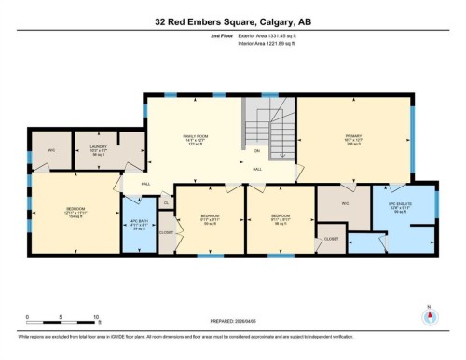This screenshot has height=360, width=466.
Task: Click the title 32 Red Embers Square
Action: (x=232, y=21)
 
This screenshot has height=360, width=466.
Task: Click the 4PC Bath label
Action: (x=137, y=224)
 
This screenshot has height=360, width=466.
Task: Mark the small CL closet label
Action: (x=167, y=202)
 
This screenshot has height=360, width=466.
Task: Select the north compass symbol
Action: (x=429, y=314)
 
